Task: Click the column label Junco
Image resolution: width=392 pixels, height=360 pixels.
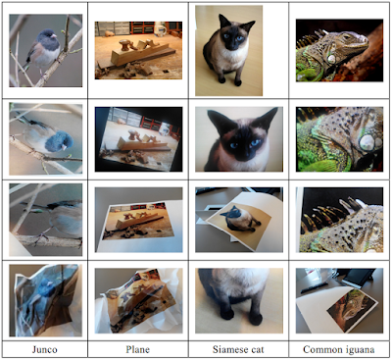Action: tap(44, 349)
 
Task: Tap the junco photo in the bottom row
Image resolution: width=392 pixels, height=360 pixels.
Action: tap(45, 298)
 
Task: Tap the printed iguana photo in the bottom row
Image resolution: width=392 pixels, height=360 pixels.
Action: tap(343, 308)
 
